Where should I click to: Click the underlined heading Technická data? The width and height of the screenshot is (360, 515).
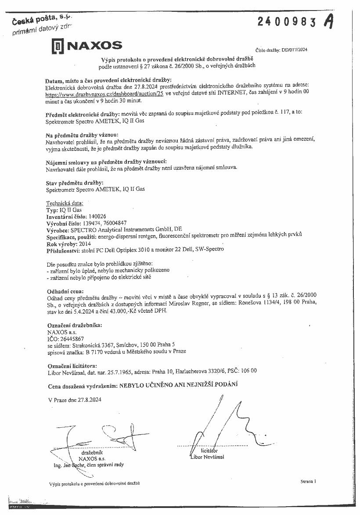[65, 204]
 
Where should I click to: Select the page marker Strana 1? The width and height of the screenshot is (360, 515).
[309, 481]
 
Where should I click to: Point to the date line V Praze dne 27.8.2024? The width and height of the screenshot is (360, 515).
[75, 400]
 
